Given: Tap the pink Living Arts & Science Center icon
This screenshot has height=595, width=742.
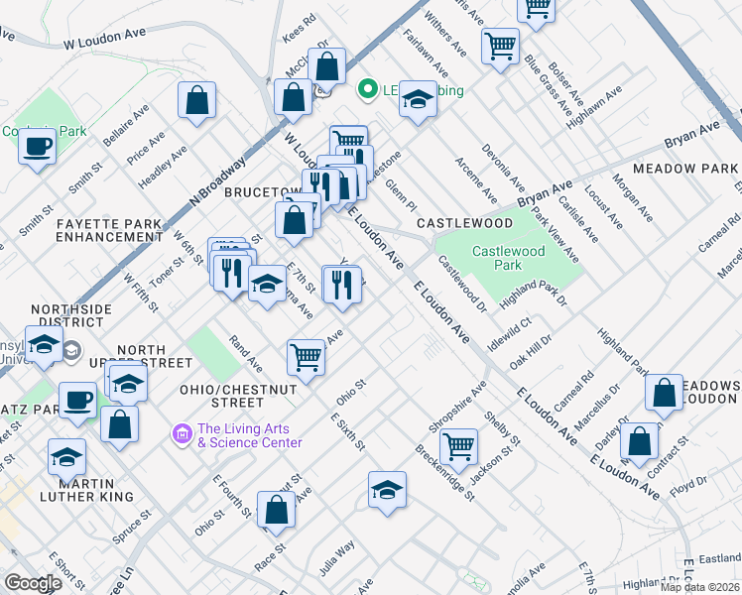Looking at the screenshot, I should [181, 434].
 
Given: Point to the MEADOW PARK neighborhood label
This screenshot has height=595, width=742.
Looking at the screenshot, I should [684, 170].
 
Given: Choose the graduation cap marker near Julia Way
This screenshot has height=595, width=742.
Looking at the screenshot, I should [387, 489].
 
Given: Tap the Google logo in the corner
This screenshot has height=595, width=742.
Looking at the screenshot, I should [33, 583].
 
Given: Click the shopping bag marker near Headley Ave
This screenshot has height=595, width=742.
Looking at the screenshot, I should [197, 100].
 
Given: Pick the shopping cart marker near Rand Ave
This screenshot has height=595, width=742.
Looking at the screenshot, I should [306, 356].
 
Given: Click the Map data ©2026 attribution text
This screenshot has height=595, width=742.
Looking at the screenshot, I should [700, 587].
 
